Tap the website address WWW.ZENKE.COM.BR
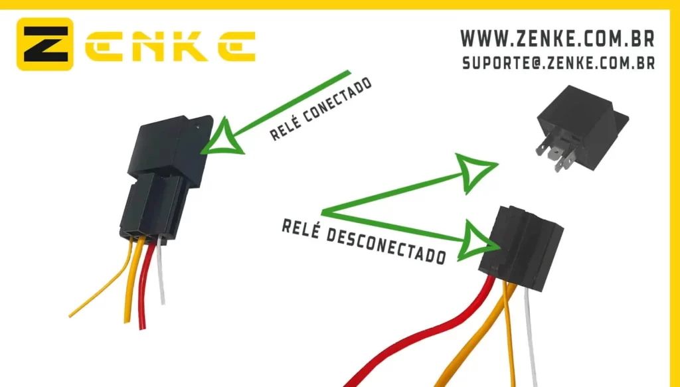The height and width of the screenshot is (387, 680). pos(557,39)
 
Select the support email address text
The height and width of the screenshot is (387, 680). pos(558,63)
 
